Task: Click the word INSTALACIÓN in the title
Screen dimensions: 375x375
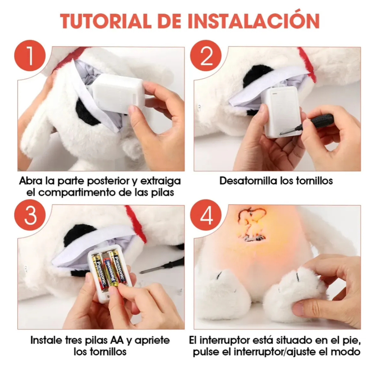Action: (253, 21)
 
